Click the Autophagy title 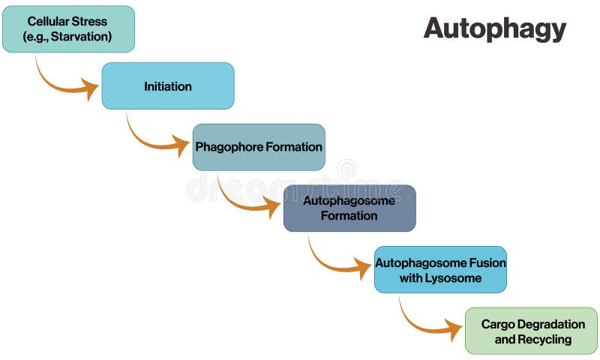(x=494, y=28)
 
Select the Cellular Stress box (x=68, y=29)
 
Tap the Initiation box (x=168, y=86)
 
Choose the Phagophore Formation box (x=259, y=147)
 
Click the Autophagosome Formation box (x=349, y=208)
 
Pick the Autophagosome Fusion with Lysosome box (x=440, y=269)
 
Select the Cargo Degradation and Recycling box (x=531, y=331)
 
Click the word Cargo (x=496, y=324)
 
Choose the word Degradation (x=550, y=324)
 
